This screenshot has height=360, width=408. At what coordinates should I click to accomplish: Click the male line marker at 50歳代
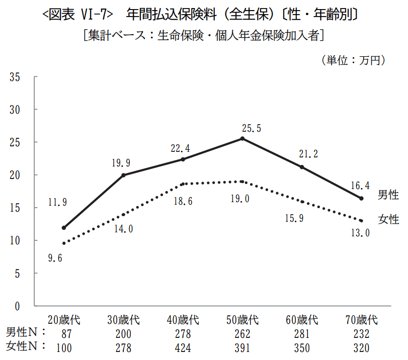[242, 138]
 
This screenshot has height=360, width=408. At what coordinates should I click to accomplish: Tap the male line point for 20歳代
[64, 228]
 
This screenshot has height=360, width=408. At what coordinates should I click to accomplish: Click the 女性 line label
[388, 219]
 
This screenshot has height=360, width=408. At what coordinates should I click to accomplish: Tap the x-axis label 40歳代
[183, 320]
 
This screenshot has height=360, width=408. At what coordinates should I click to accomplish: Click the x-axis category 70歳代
[361, 320]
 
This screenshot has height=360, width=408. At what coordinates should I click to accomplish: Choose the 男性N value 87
[64, 333]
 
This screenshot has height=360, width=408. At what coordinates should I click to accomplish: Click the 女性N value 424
[183, 347]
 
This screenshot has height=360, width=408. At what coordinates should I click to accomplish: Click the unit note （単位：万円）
[354, 60]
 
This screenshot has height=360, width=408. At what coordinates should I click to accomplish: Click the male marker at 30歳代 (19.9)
[123, 175]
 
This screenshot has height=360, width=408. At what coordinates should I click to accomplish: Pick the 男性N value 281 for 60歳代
[302, 333]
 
